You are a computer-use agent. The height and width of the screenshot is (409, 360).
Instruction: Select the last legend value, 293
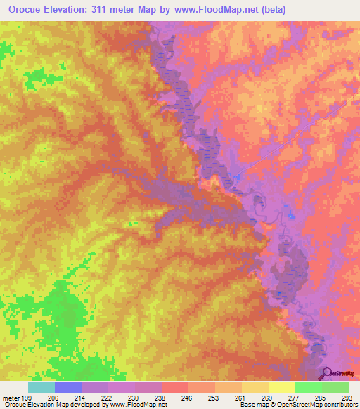pyautogui.click(x=347, y=396)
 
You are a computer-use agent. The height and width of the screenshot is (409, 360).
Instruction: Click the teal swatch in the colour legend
pyautogui.click(x=41, y=387)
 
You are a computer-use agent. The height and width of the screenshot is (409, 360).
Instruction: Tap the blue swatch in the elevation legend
pyautogui.click(x=67, y=387)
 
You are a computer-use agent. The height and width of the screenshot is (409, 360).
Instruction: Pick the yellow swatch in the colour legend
pyautogui.click(x=281, y=387)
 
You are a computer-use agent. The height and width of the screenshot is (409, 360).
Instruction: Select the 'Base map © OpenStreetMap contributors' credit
pyautogui.click(x=298, y=405)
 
